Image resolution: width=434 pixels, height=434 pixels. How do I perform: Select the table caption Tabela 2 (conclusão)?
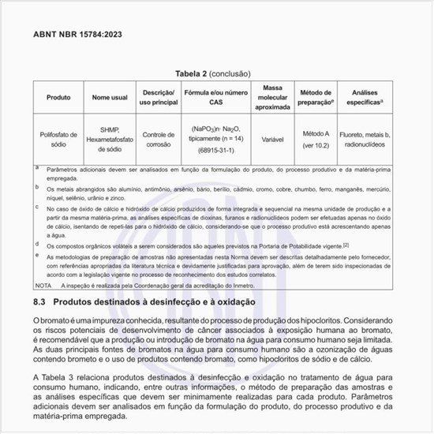pyautogui.click(x=212, y=73)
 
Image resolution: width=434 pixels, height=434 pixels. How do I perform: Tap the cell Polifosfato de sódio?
pyautogui.click(x=58, y=139)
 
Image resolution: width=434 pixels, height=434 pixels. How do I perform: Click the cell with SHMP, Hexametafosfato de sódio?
pyautogui.click(x=110, y=139)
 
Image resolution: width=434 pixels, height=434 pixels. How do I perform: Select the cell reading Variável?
pyautogui.click(x=272, y=139)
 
